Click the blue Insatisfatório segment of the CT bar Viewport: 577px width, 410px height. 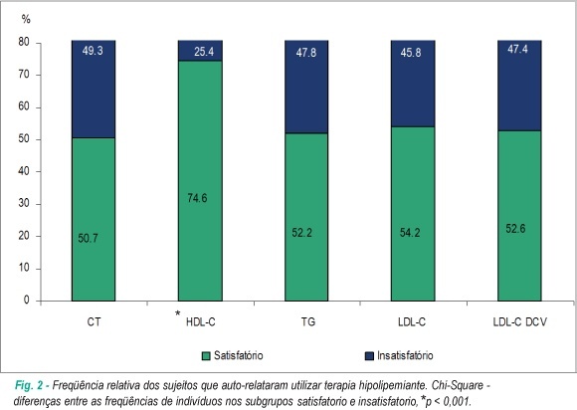point(94,90)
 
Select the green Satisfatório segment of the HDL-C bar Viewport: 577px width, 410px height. point(200,181)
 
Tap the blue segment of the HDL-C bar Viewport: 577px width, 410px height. point(200,51)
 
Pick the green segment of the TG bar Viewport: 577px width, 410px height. point(306,217)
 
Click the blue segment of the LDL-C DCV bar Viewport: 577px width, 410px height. point(519,86)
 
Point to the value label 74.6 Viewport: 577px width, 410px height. point(197,198)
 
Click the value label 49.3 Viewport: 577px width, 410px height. point(93,51)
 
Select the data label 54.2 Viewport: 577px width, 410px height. point(410,233)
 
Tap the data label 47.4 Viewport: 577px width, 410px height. point(517,49)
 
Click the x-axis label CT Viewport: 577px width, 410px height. point(94,322)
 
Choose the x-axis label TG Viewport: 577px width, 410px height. point(308,322)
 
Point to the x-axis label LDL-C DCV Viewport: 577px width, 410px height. point(519,322)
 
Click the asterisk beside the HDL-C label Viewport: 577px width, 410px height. point(177,313)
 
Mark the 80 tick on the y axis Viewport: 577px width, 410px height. point(24,42)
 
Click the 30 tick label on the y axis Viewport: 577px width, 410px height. point(24,204)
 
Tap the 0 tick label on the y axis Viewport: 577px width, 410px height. point(27,301)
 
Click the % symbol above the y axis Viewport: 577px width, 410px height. point(26,19)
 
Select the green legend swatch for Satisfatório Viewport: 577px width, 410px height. point(207,356)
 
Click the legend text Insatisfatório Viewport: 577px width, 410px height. point(405,355)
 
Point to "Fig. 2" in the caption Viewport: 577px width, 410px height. point(29,386)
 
